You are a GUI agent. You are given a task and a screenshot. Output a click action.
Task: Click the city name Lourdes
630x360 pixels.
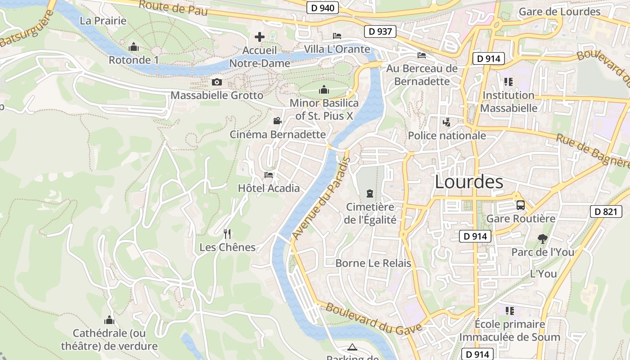tap(469, 182)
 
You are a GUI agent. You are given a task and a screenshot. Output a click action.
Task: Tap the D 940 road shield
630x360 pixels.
tap(322, 8)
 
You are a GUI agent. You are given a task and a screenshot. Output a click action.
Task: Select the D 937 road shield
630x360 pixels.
tap(380, 31)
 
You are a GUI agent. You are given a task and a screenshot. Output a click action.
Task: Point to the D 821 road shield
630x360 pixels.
tap(606, 211)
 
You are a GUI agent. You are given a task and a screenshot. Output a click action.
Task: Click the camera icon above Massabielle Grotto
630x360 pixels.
tap(217, 82)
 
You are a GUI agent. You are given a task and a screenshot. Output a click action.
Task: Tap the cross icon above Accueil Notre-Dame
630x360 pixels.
tap(260, 37)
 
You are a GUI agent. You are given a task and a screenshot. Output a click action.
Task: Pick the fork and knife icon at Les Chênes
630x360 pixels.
tap(227, 234)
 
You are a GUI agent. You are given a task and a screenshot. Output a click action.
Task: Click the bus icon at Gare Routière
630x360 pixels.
tap(521, 205)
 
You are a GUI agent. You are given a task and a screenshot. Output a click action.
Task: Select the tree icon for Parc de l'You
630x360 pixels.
tap(543, 239)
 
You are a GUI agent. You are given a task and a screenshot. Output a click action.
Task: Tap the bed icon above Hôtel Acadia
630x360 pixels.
tap(269, 175)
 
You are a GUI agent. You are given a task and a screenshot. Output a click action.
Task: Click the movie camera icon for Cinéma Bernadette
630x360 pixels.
tap(277, 121)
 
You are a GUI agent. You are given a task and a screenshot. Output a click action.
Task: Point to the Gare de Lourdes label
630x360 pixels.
tap(559, 12)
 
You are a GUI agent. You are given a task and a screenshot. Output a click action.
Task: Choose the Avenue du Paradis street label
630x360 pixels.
tap(321, 198)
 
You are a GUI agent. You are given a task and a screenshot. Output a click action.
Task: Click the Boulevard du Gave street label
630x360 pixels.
tap(373, 318)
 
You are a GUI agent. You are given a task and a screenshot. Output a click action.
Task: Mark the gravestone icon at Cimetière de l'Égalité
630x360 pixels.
tap(370, 193)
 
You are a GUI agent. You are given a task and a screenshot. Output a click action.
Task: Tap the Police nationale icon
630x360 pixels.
tap(446, 122)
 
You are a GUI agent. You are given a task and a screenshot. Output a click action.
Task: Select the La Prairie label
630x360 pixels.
tap(103, 21)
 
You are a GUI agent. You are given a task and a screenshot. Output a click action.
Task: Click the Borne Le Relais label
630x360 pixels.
tap(373, 263)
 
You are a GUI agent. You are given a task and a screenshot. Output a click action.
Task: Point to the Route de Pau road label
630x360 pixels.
tap(173, 8)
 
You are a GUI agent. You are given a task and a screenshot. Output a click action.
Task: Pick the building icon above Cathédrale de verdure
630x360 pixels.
tap(109, 320)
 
